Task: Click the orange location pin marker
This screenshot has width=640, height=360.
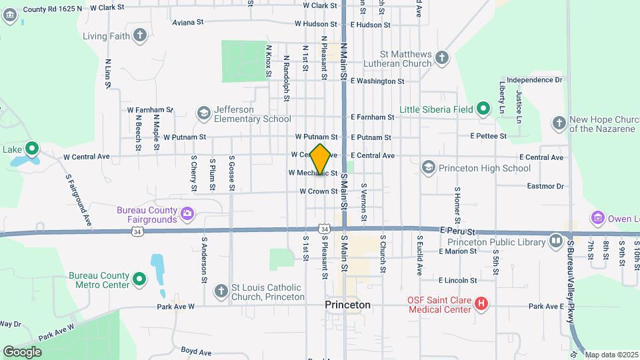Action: [321, 159]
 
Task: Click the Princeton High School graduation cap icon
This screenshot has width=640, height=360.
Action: [428, 168]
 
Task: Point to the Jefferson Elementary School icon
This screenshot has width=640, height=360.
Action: [203, 113]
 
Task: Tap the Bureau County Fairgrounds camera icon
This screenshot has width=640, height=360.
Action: [187, 215]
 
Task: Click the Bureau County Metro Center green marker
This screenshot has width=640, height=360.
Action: [139, 280]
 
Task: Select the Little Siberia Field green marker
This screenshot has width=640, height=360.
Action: [482, 109]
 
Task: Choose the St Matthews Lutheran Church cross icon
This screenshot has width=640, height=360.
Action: [441, 58]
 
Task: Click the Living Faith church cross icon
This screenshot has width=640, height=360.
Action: [140, 35]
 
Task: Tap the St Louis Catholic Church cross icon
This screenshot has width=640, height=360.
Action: [221, 291]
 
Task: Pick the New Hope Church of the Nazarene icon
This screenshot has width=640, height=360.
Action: [559, 123]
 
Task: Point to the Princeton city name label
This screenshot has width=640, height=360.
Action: [347, 305]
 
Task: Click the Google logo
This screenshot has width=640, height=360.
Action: [22, 351]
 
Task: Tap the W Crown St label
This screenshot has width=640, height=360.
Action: [318, 191]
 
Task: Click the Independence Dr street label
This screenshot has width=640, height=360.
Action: [535, 80]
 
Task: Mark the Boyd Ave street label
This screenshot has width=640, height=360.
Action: [196, 351]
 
